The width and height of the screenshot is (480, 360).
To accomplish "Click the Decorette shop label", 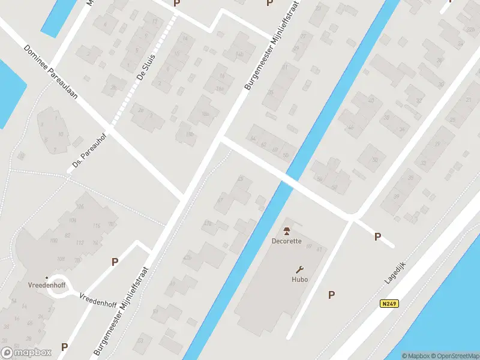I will (x=287, y=242).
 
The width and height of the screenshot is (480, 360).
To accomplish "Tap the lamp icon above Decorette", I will (x=287, y=231).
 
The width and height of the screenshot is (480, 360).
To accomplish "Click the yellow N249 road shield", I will (x=389, y=304).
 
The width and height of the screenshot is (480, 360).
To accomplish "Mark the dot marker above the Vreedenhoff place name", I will (x=46, y=277).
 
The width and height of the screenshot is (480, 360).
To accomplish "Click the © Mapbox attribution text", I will (x=416, y=356).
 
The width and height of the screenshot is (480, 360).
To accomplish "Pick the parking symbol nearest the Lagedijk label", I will (x=377, y=236).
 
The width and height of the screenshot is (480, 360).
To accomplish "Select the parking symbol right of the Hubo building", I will (x=331, y=294).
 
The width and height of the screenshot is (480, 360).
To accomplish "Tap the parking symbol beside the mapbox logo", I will (x=64, y=347).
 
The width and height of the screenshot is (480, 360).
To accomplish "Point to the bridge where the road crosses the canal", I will (x=289, y=178).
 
